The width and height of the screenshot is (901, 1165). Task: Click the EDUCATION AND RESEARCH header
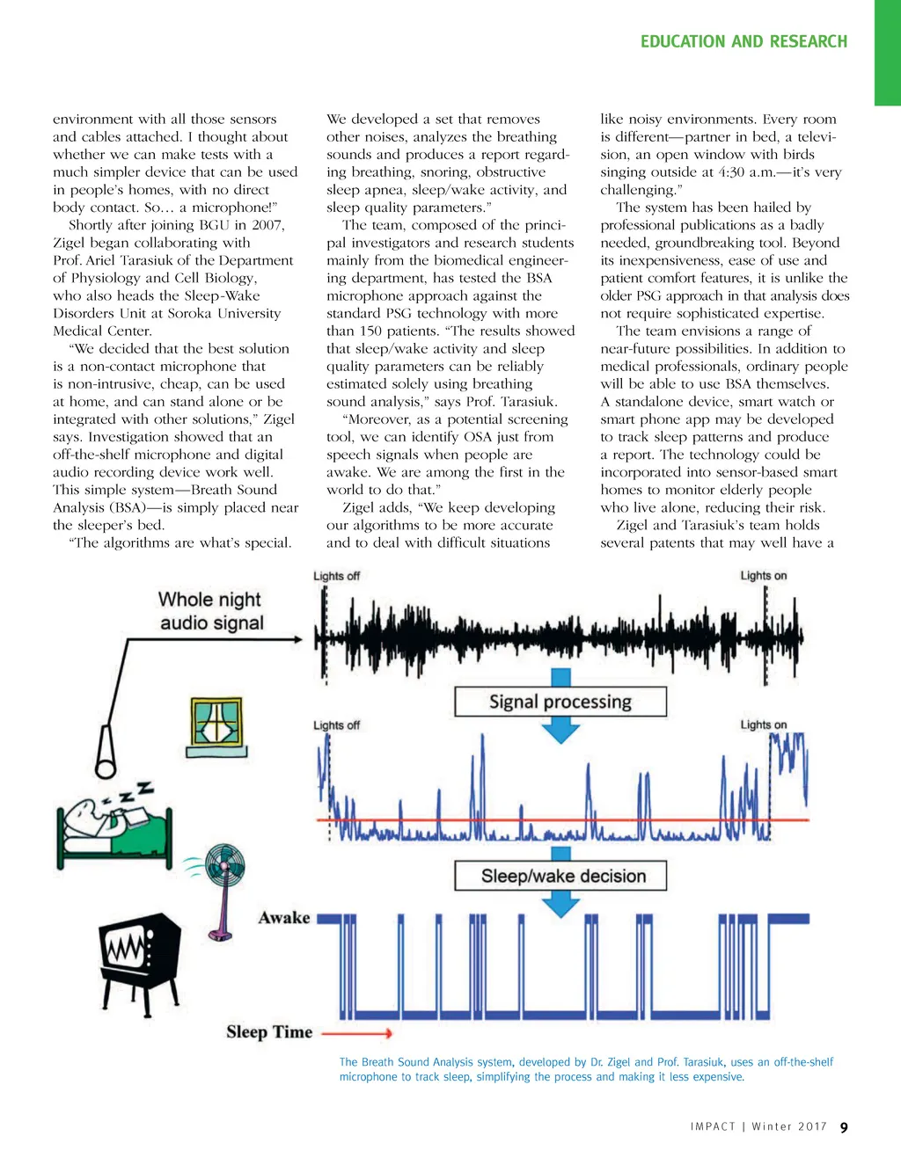click(x=744, y=41)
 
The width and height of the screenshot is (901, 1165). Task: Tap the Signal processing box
click(x=560, y=702)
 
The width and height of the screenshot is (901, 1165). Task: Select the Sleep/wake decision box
click(x=560, y=876)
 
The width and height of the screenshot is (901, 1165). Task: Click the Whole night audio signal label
click(x=210, y=611)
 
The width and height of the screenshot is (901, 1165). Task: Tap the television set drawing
click(x=139, y=958)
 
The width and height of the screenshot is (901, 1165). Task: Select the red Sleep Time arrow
click(x=356, y=1033)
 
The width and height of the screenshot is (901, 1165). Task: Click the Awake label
click(x=284, y=918)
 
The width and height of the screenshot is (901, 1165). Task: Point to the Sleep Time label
click(x=269, y=1032)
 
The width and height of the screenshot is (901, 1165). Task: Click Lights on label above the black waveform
click(x=763, y=576)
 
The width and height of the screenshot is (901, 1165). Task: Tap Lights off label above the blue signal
click(x=337, y=725)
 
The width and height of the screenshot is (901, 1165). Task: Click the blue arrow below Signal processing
click(x=560, y=730)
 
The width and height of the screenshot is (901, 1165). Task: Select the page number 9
click(x=844, y=1128)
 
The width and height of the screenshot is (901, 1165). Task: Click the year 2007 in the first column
click(x=267, y=225)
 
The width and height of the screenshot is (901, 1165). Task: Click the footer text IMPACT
click(x=713, y=1127)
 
